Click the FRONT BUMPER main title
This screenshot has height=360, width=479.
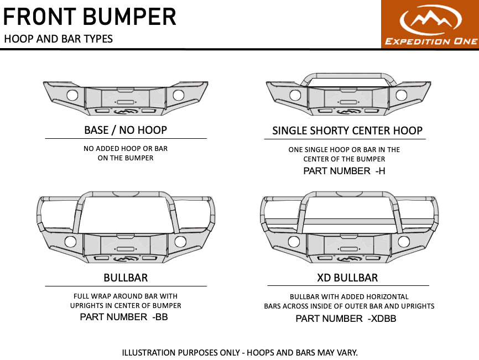pyautogui.click(x=90, y=17)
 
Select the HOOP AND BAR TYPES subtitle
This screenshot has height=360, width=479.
pyautogui.click(x=58, y=39)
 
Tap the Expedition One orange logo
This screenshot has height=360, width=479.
pyautogui.click(x=430, y=24)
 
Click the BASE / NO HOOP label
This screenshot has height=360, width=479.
pyautogui.click(x=126, y=131)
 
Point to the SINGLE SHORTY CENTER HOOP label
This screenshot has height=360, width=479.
pyautogui.click(x=347, y=131)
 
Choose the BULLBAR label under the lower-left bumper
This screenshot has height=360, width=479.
pyautogui.click(x=126, y=278)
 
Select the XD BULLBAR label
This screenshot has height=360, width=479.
pyautogui.click(x=348, y=278)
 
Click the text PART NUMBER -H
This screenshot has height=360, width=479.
pyautogui.click(x=344, y=171)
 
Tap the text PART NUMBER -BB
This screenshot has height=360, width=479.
pyautogui.click(x=124, y=317)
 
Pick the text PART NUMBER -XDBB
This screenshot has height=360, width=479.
pyautogui.click(x=346, y=319)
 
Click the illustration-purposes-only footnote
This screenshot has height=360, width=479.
pyautogui.click(x=239, y=352)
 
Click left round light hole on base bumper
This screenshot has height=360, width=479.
pyautogui.click(x=72, y=95)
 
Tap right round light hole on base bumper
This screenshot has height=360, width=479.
pyautogui.click(x=179, y=95)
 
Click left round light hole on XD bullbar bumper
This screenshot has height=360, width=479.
pyautogui.click(x=294, y=242)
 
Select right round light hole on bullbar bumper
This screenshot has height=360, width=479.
pyautogui.click(x=180, y=242)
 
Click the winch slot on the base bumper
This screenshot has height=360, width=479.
pyautogui.click(x=126, y=103)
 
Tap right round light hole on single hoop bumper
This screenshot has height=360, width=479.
pyautogui.click(x=403, y=95)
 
